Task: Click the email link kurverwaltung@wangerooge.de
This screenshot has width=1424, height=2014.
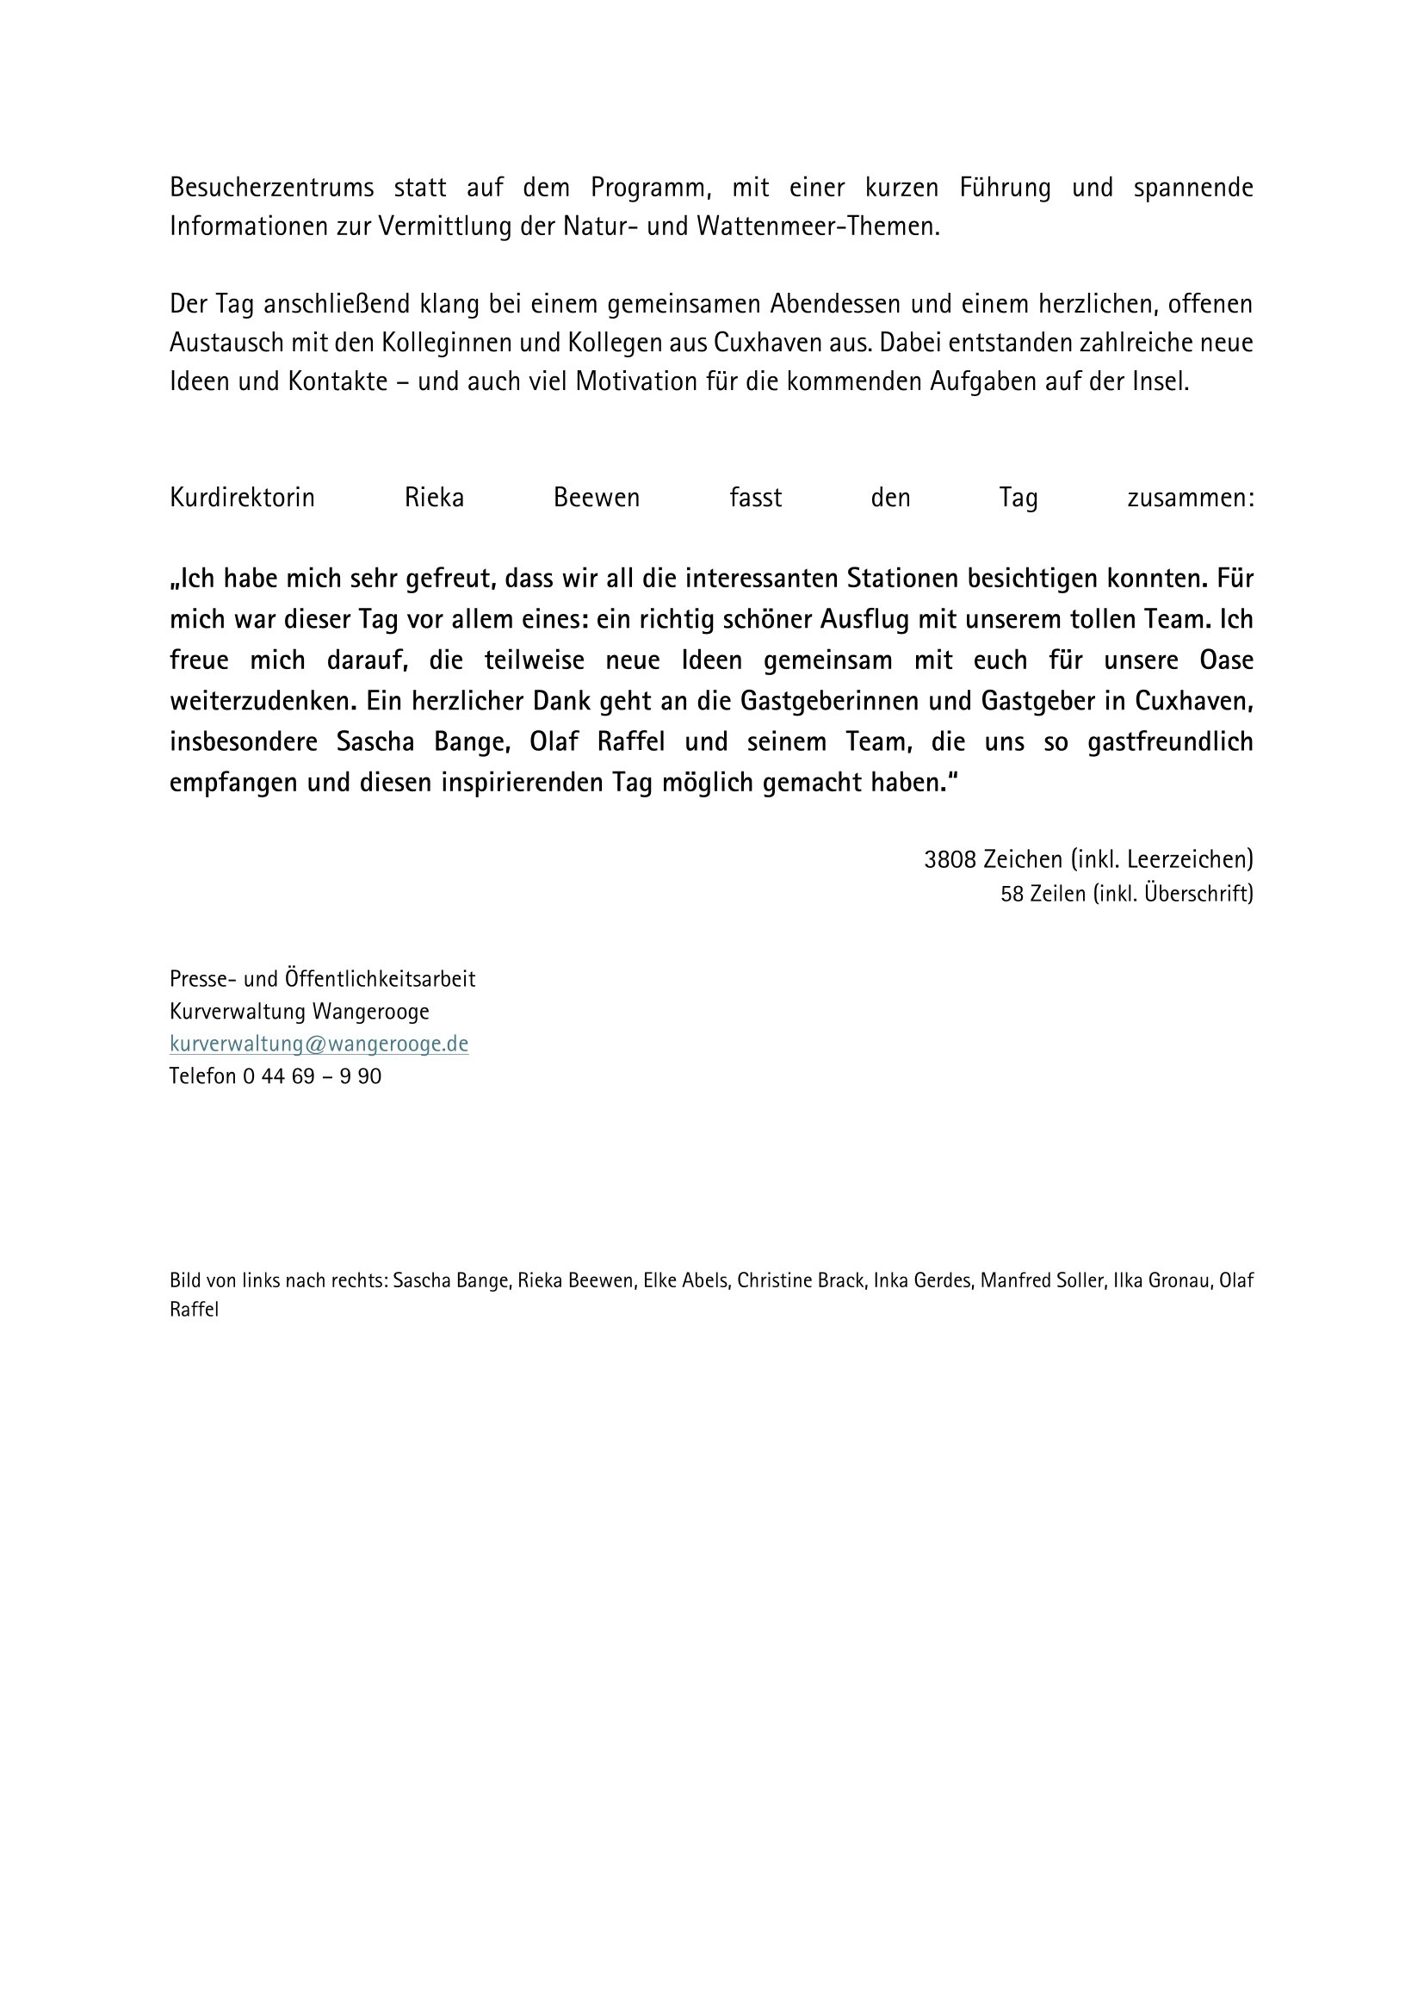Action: tap(319, 1044)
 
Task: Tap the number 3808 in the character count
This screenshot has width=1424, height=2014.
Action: tap(950, 858)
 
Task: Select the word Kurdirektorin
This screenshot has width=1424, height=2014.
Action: tap(242, 499)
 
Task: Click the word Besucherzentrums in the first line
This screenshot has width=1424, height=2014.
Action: tap(272, 188)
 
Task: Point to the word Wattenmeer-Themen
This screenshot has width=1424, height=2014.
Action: tap(817, 226)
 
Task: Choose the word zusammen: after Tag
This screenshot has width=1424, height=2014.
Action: tap(1190, 499)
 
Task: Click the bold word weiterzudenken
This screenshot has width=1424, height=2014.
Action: tap(262, 701)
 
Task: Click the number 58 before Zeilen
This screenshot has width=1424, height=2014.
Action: tap(1011, 894)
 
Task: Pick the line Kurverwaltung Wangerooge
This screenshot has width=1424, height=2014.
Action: tap(299, 1012)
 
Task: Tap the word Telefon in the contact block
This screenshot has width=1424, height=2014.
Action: tap(202, 1075)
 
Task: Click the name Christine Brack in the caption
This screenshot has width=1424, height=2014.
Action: tap(800, 1280)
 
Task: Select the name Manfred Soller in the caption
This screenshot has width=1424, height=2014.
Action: tap(1041, 1280)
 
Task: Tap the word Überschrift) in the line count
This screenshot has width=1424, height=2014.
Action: tap(1198, 894)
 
